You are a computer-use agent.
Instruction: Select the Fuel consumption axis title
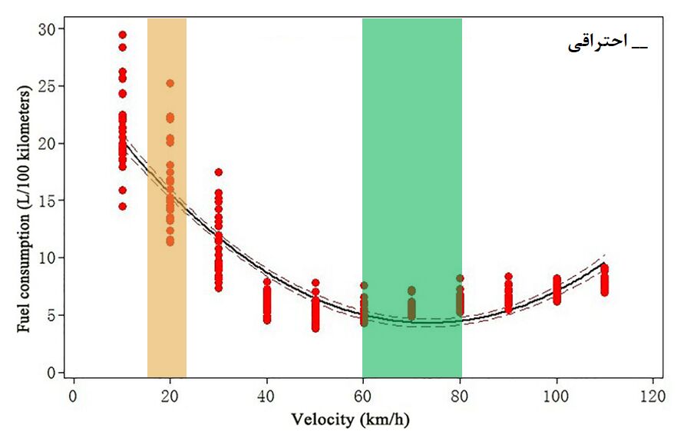click(x=25, y=209)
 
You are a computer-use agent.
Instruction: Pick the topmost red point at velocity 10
click(x=122, y=35)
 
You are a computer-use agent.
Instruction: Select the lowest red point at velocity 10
click(x=122, y=206)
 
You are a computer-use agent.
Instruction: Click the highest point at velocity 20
click(x=170, y=83)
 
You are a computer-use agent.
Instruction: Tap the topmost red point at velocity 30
click(x=219, y=172)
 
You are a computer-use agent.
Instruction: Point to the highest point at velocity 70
click(x=411, y=291)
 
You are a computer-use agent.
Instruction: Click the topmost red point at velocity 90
click(x=508, y=277)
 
